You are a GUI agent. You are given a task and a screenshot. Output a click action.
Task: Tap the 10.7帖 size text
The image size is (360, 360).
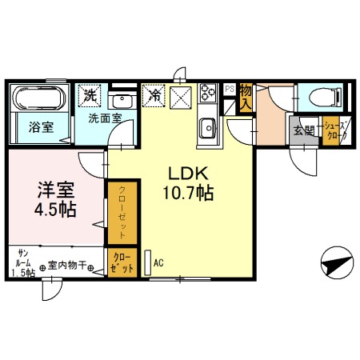coord(189,193)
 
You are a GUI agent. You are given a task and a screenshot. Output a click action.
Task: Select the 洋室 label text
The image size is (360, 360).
coord(55,191)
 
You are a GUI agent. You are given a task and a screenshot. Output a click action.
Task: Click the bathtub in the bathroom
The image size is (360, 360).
coord(38,99)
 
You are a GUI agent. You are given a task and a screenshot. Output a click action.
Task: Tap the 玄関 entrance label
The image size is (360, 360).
coord(303,131)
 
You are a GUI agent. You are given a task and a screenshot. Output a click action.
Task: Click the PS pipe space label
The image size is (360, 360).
coord(230,89)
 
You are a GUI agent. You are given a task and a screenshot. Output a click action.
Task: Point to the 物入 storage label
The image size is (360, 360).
coord(246,96)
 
